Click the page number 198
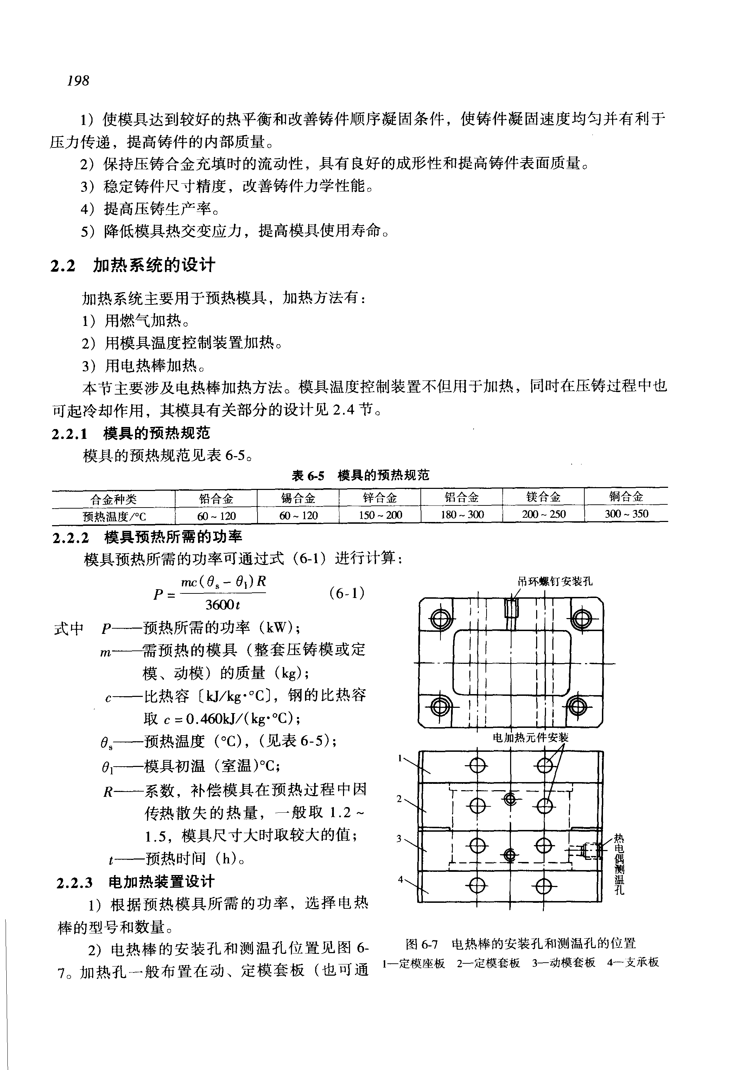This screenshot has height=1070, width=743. tap(78, 81)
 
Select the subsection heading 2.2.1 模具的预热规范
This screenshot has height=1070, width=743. tap(131, 433)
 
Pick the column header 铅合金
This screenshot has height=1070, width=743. tap(216, 499)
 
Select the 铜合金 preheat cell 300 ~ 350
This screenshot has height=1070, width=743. tap(626, 514)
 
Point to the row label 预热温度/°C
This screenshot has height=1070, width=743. tap(114, 516)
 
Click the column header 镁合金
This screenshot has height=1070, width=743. tap(543, 497)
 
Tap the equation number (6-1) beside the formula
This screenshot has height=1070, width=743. tap(347, 593)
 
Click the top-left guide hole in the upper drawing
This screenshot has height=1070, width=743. tap(439, 619)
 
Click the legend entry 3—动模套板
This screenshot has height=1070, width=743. tap(563, 962)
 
